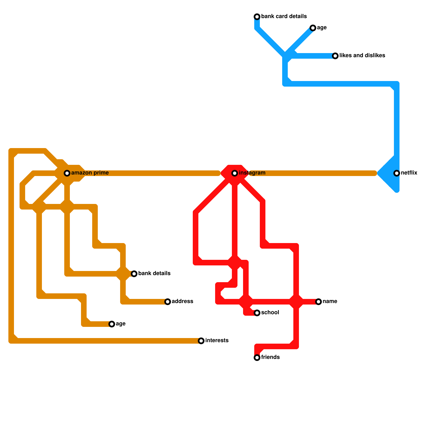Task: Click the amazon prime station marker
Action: coord(67,173)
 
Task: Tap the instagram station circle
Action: coord(235,173)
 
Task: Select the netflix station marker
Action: coord(397,173)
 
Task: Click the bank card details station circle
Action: coord(257,17)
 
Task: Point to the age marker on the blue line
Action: coord(313,28)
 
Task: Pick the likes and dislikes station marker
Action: coord(335,56)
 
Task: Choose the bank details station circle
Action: coord(134,274)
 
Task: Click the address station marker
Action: coord(168,302)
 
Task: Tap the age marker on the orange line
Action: coord(112,324)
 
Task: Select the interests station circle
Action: coord(201,341)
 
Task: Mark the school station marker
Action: coord(257,313)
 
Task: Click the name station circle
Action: coord(318,302)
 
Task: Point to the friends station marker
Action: coord(257,358)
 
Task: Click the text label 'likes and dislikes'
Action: coord(362,56)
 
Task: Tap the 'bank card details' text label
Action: coord(284,16)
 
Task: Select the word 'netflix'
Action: coord(409,173)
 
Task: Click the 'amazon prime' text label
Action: coord(90,173)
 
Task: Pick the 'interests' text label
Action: coord(217,341)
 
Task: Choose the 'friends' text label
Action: coord(270,357)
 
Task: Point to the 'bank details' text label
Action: coord(154,274)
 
